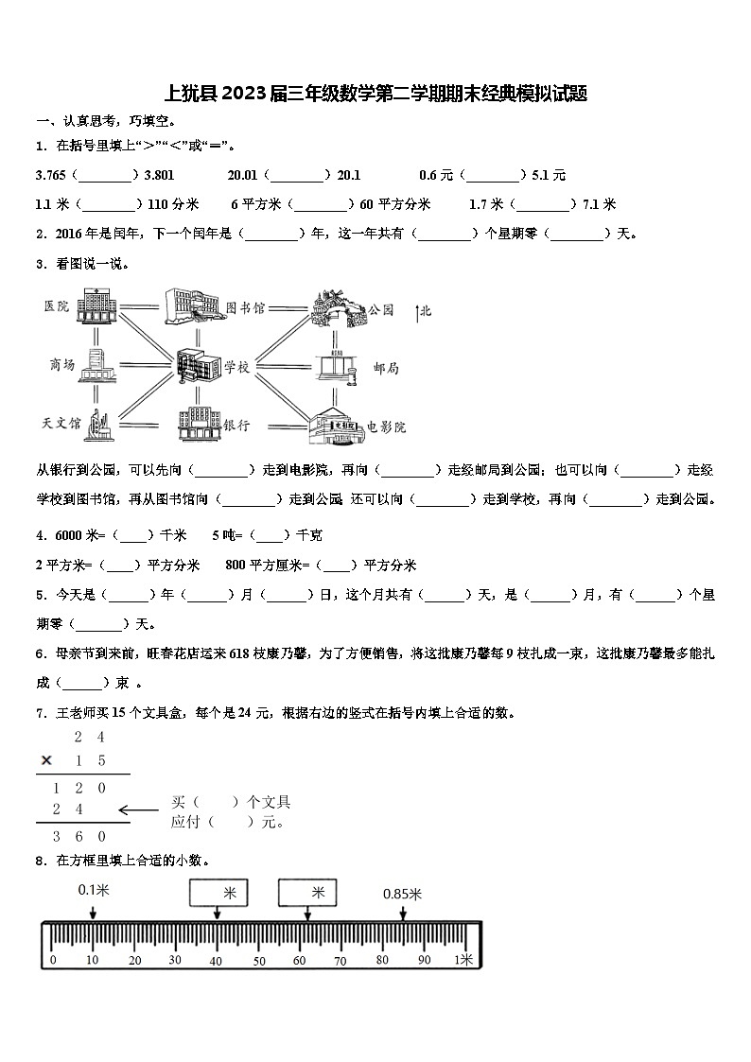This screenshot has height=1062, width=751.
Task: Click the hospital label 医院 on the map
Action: click(x=56, y=305)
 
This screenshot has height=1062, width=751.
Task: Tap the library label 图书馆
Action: click(x=245, y=308)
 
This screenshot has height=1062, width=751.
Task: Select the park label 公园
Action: click(x=380, y=309)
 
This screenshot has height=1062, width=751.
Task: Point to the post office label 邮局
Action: click(x=385, y=368)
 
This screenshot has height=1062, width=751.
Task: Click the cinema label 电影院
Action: click(x=386, y=427)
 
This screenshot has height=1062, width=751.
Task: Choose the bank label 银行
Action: click(x=236, y=426)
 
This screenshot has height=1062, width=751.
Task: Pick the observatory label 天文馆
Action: click(x=61, y=423)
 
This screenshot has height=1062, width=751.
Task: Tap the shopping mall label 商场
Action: click(x=61, y=365)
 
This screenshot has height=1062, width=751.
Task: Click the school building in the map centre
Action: click(x=198, y=366)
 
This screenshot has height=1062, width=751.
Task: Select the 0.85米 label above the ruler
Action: click(x=402, y=894)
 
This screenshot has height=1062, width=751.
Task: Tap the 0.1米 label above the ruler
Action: click(x=94, y=890)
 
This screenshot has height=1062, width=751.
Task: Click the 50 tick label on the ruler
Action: click(x=258, y=960)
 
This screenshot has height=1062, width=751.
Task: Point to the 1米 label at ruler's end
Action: click(x=463, y=960)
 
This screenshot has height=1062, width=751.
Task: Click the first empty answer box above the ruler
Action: click(x=218, y=892)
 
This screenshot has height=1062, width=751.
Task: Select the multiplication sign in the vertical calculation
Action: click(x=45, y=760)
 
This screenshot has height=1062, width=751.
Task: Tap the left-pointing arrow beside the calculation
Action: click(x=138, y=810)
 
